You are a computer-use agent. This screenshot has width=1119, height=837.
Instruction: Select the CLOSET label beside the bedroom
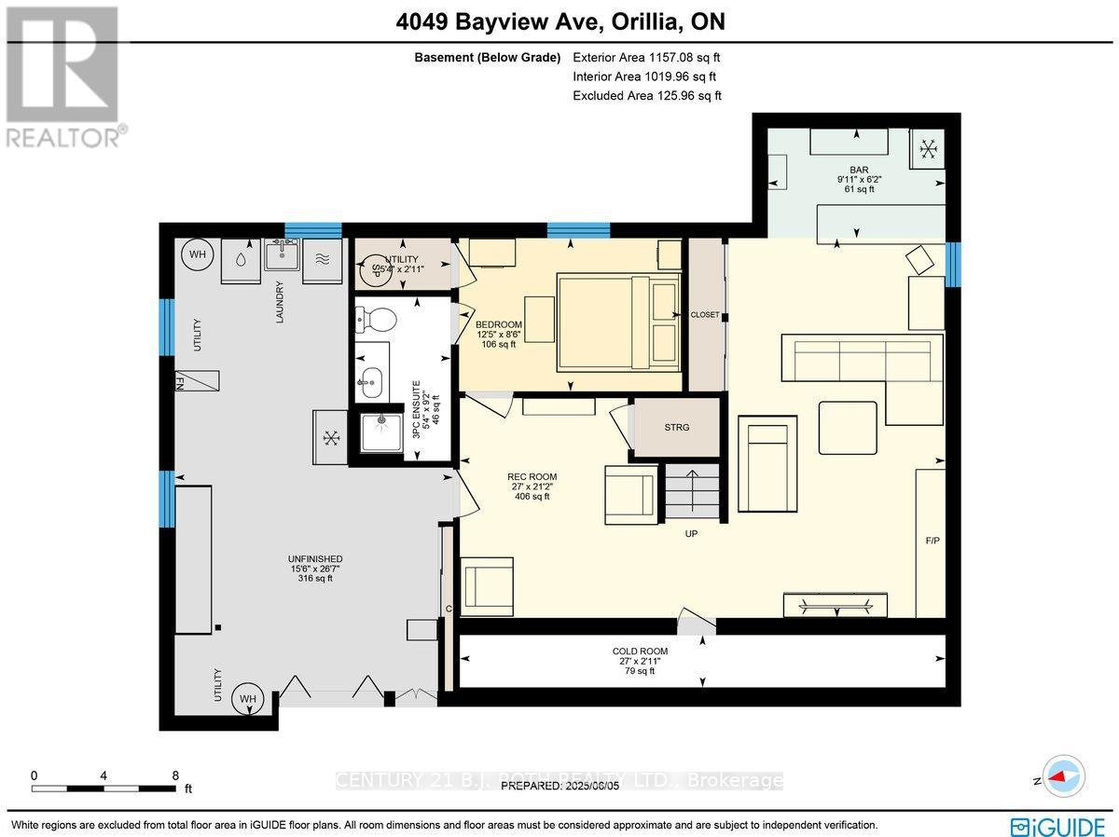(x=705, y=315)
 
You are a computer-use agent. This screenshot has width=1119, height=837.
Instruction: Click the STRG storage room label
(x=677, y=428)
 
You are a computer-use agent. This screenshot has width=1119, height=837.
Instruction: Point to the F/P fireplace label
(x=931, y=541)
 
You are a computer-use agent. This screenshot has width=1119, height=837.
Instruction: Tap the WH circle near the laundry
(x=198, y=255)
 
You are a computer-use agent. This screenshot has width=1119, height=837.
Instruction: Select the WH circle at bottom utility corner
(x=247, y=699)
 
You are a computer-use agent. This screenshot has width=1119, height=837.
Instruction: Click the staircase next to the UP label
(x=691, y=493)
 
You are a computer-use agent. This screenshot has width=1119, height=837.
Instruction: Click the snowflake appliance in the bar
(x=928, y=148)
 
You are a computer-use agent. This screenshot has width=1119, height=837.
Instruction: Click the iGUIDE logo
(x=1058, y=825)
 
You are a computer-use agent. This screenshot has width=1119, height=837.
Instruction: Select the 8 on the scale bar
(x=175, y=775)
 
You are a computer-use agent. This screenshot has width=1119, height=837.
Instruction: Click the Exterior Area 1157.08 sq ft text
(x=647, y=58)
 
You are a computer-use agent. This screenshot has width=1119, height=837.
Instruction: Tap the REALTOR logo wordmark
(x=64, y=138)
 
